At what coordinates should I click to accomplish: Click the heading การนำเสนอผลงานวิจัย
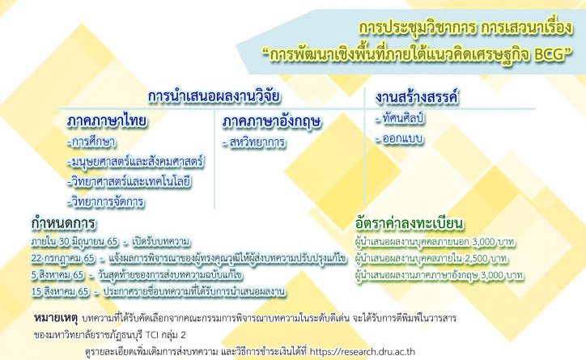[214, 96]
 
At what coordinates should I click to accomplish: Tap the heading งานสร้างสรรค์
[417, 97]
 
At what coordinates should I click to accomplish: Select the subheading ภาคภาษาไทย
[107, 121]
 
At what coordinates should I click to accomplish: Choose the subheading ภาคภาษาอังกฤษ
[271, 122]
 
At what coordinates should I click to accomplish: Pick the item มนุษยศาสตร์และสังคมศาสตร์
[136, 162]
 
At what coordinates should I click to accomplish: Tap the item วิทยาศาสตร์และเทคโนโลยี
[130, 182]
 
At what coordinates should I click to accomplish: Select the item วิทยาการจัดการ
[106, 201]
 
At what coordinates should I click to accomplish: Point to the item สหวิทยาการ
[254, 142]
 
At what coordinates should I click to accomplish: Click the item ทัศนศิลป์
[400, 119]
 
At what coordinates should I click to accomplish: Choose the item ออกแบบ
[400, 139]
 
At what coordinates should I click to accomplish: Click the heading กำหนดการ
[63, 223]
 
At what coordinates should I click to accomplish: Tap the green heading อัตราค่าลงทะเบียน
[410, 223]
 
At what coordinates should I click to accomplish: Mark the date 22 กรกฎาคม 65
[63, 259]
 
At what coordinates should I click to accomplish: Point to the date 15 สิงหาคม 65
[60, 292]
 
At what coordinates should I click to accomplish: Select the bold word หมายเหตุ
[55, 318]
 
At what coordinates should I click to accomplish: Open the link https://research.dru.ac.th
[363, 352]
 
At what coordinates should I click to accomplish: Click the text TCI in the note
[152, 335]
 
